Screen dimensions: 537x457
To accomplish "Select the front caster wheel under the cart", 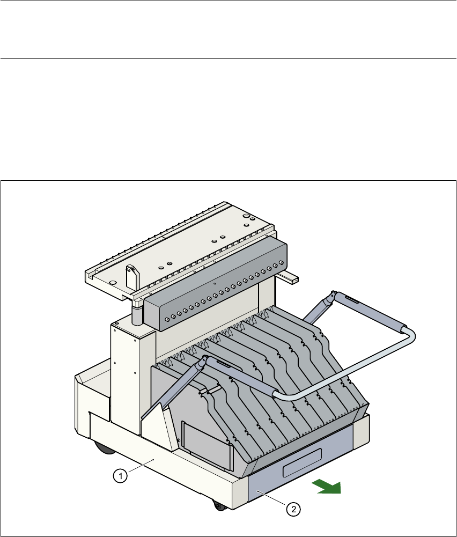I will (x=218, y=505).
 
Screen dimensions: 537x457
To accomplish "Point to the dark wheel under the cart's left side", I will (x=100, y=447).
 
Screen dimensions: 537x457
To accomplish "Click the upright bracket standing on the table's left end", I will (x=131, y=275).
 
